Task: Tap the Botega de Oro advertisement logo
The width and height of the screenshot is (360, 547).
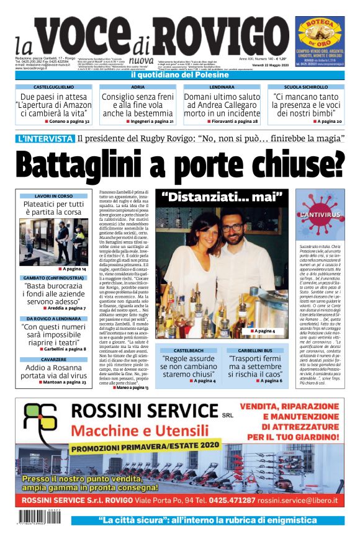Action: point(320,32)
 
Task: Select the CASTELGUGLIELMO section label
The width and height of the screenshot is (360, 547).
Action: point(53,87)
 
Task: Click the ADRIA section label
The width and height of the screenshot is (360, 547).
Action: point(138,87)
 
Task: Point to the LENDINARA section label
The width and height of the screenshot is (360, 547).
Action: point(222,87)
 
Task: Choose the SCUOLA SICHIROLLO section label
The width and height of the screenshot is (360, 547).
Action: point(306,87)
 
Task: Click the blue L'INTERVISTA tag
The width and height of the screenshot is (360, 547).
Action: point(44,138)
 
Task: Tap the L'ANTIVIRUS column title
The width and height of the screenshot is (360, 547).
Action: point(320,215)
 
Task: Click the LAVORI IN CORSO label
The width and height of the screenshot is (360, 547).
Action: point(53,196)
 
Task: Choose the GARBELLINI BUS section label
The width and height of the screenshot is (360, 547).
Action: point(256,350)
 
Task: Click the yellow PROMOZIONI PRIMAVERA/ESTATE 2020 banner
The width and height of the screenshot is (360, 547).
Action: point(145,446)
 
